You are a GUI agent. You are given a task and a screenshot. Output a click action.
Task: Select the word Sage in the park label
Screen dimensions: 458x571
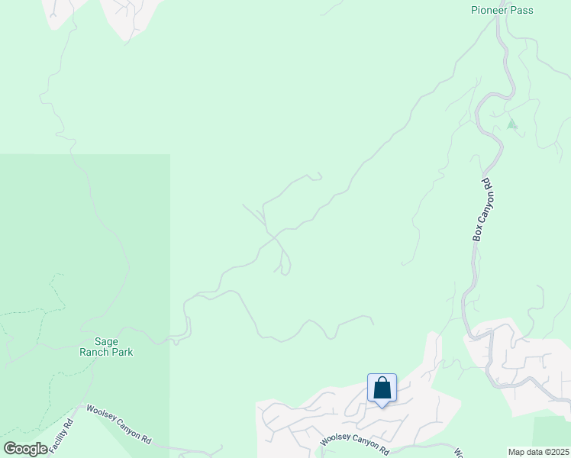coord(105,342)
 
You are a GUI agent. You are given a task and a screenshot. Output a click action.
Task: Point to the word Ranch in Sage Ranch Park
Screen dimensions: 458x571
coord(96,352)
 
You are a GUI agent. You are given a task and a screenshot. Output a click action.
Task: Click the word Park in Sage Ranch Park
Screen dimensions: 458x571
coord(122,352)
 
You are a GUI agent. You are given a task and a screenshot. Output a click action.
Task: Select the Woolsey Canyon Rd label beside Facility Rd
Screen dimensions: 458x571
coord(118,424)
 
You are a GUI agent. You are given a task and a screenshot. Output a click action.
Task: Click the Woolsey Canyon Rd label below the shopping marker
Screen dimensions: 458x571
coord(355,440)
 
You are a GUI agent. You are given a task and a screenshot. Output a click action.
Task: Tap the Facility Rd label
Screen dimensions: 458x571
coord(62,437)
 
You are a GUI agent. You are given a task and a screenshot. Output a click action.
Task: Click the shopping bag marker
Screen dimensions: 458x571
coord(382,389)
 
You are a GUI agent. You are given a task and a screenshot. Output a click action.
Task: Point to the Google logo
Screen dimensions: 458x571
coord(25,449)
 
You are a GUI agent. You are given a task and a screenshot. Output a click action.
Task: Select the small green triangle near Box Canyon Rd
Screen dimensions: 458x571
coord(511,124)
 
